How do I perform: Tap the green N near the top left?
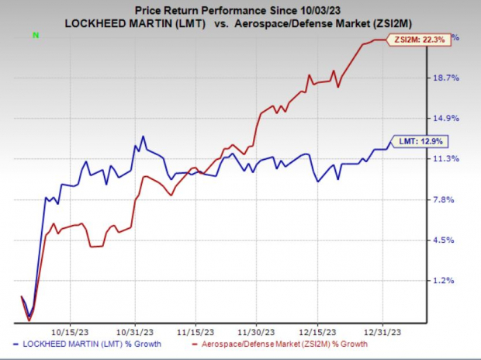(36, 35)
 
